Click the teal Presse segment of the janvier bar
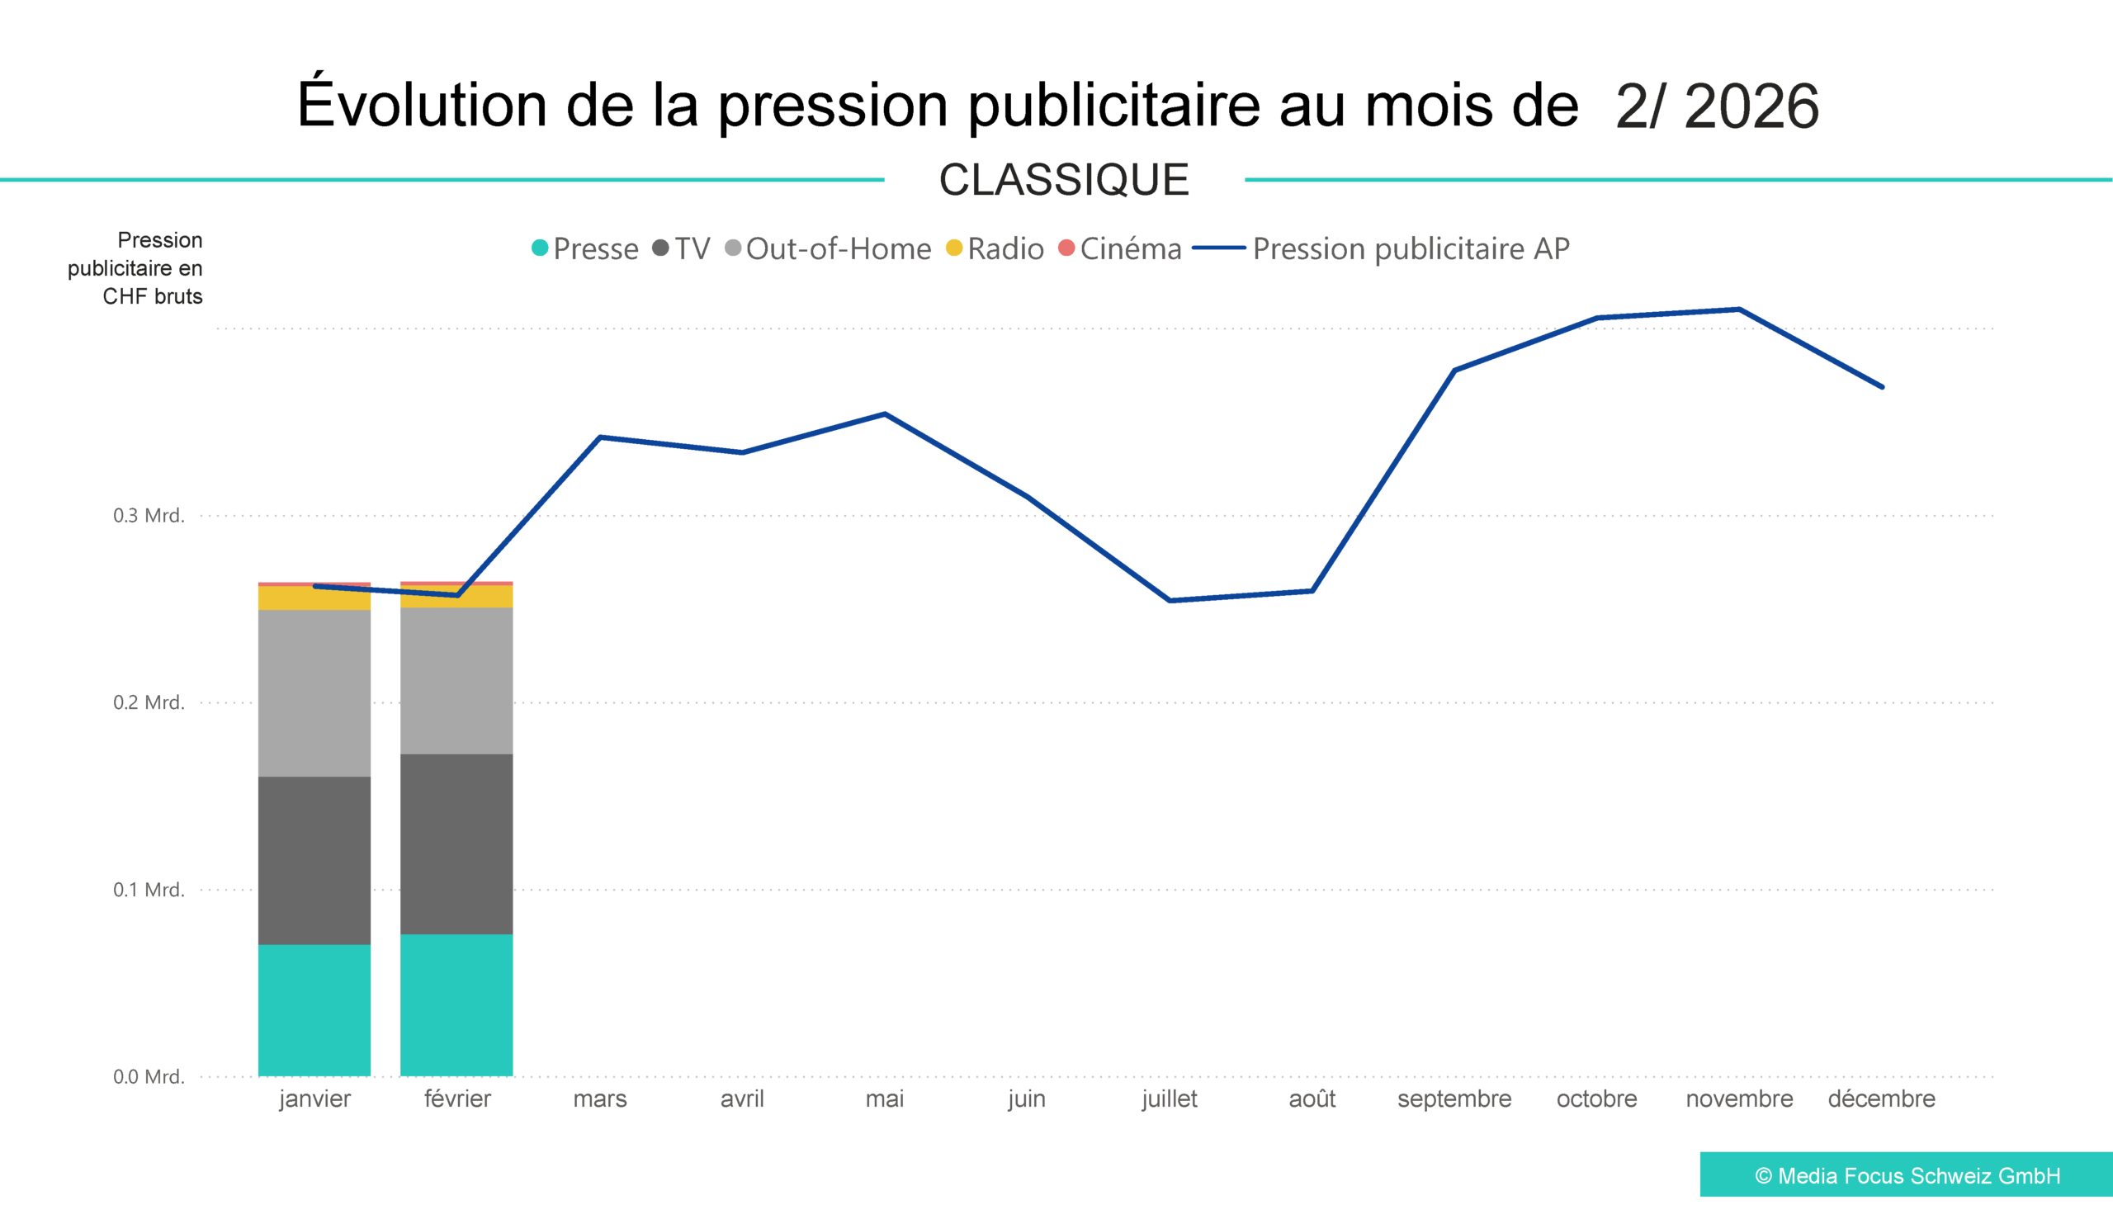(x=314, y=1009)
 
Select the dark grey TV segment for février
(x=456, y=844)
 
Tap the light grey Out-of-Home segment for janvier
(x=314, y=692)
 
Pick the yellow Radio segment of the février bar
(x=456, y=596)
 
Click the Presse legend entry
(x=586, y=248)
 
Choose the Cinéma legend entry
(x=1121, y=248)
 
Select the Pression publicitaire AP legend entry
(x=1383, y=248)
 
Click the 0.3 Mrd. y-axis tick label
(x=149, y=516)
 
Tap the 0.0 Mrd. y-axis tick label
(x=149, y=1077)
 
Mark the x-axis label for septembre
(x=1454, y=1099)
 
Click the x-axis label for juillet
(x=1170, y=1099)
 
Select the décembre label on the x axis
(x=1881, y=1099)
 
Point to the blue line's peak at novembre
(x=1739, y=310)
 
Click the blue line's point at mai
(x=885, y=413)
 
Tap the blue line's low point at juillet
(x=1170, y=600)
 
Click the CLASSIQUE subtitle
(x=1064, y=180)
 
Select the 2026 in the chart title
(x=1751, y=106)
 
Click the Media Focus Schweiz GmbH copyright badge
(x=1906, y=1175)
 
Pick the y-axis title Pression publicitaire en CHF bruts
(x=135, y=268)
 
